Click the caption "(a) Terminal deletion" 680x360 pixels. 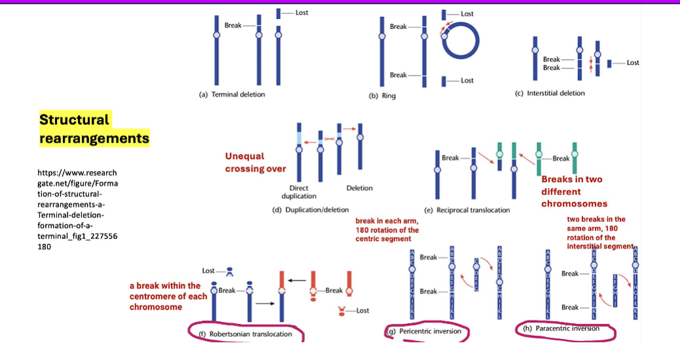(x=232, y=94)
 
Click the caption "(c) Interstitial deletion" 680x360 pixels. (x=550, y=93)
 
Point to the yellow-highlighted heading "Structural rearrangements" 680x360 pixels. (x=94, y=129)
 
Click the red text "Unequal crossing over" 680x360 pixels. (x=255, y=162)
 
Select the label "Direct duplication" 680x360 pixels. (x=298, y=192)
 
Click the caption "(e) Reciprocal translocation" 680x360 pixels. (x=467, y=210)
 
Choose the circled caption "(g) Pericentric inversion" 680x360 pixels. (x=425, y=331)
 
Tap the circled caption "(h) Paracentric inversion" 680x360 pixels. (x=562, y=329)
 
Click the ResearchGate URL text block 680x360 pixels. (x=77, y=209)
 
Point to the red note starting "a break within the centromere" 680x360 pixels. (x=168, y=296)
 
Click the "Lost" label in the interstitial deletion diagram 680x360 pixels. (x=633, y=63)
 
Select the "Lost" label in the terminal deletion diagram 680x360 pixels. (x=302, y=12)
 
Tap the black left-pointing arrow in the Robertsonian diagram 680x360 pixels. (x=298, y=280)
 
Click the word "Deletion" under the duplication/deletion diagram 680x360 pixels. (x=359, y=188)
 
